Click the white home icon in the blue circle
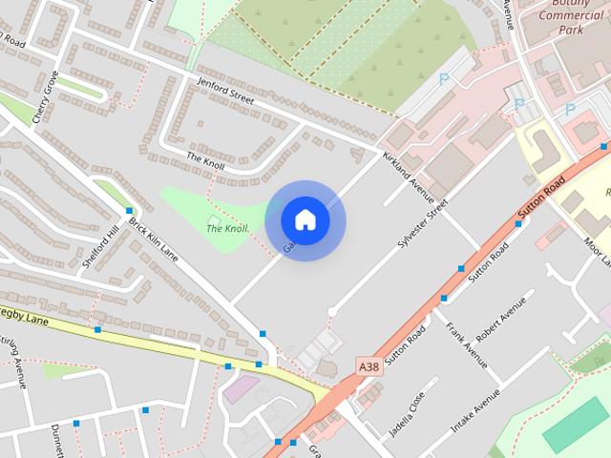click(305, 219)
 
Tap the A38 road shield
click(370, 366)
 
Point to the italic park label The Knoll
click(228, 227)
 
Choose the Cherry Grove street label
click(45, 96)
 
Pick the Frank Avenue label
click(467, 344)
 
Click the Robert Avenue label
click(501, 320)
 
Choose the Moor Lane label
click(599, 251)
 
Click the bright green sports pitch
click(576, 425)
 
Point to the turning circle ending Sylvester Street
click(332, 311)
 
